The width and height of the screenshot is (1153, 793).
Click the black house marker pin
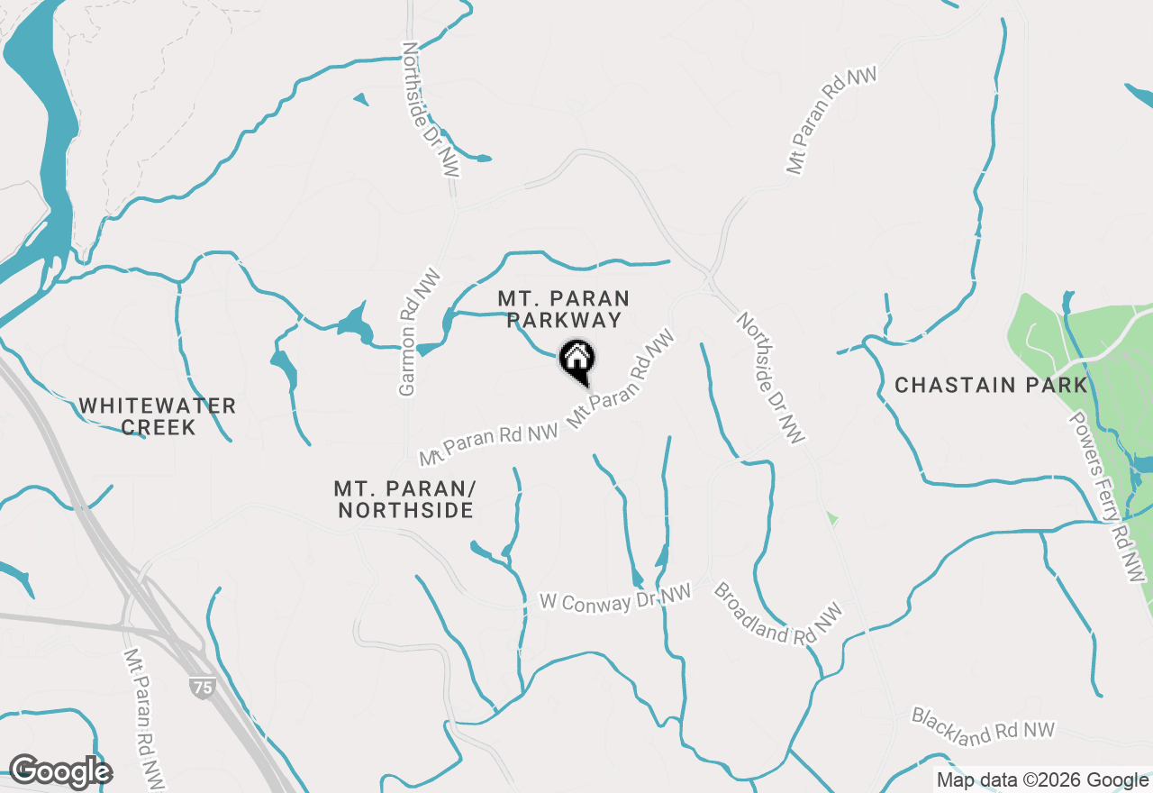(x=576, y=360)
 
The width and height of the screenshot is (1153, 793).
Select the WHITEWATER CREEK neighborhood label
(x=158, y=416)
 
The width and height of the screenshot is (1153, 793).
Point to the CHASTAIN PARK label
(x=991, y=386)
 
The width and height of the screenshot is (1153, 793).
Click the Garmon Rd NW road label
(x=409, y=332)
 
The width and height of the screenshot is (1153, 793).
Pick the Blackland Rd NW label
(x=982, y=726)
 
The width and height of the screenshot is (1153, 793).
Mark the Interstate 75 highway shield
(x=202, y=688)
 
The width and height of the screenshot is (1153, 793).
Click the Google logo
(x=60, y=772)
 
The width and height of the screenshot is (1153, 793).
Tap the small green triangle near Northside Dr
(x=832, y=518)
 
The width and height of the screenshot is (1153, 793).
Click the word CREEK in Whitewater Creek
(x=158, y=427)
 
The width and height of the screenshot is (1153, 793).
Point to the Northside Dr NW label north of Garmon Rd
(x=430, y=108)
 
